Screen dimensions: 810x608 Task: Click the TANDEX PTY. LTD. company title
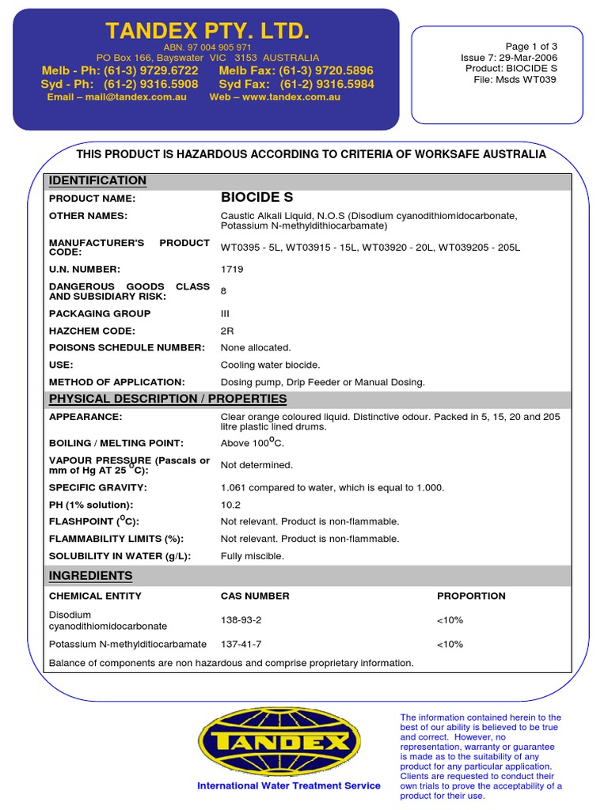pyautogui.click(x=207, y=32)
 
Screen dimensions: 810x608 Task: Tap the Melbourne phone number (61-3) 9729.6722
pyautogui.click(x=153, y=70)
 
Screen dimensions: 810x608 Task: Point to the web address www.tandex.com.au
pyautogui.click(x=291, y=97)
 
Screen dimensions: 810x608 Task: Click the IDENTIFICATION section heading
pyautogui.click(x=98, y=181)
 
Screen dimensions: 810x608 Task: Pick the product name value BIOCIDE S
pyautogui.click(x=256, y=198)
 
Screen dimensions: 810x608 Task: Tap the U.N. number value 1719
pyautogui.click(x=232, y=269)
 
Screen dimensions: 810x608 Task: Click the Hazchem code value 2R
pyautogui.click(x=227, y=331)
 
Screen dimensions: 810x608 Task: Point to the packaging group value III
pyautogui.click(x=225, y=313)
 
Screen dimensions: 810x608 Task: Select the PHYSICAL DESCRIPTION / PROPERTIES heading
pyautogui.click(x=168, y=399)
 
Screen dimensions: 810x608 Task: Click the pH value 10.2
pyautogui.click(x=230, y=505)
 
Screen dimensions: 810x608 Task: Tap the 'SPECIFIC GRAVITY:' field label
pyautogui.click(x=98, y=487)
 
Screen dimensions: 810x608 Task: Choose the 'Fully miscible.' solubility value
pyautogui.click(x=253, y=556)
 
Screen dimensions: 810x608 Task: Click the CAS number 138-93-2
pyautogui.click(x=241, y=621)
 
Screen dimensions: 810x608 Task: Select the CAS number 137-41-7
pyautogui.click(x=241, y=644)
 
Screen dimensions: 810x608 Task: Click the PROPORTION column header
pyautogui.click(x=471, y=596)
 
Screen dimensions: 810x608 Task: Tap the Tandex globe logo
pyautogui.click(x=278, y=742)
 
